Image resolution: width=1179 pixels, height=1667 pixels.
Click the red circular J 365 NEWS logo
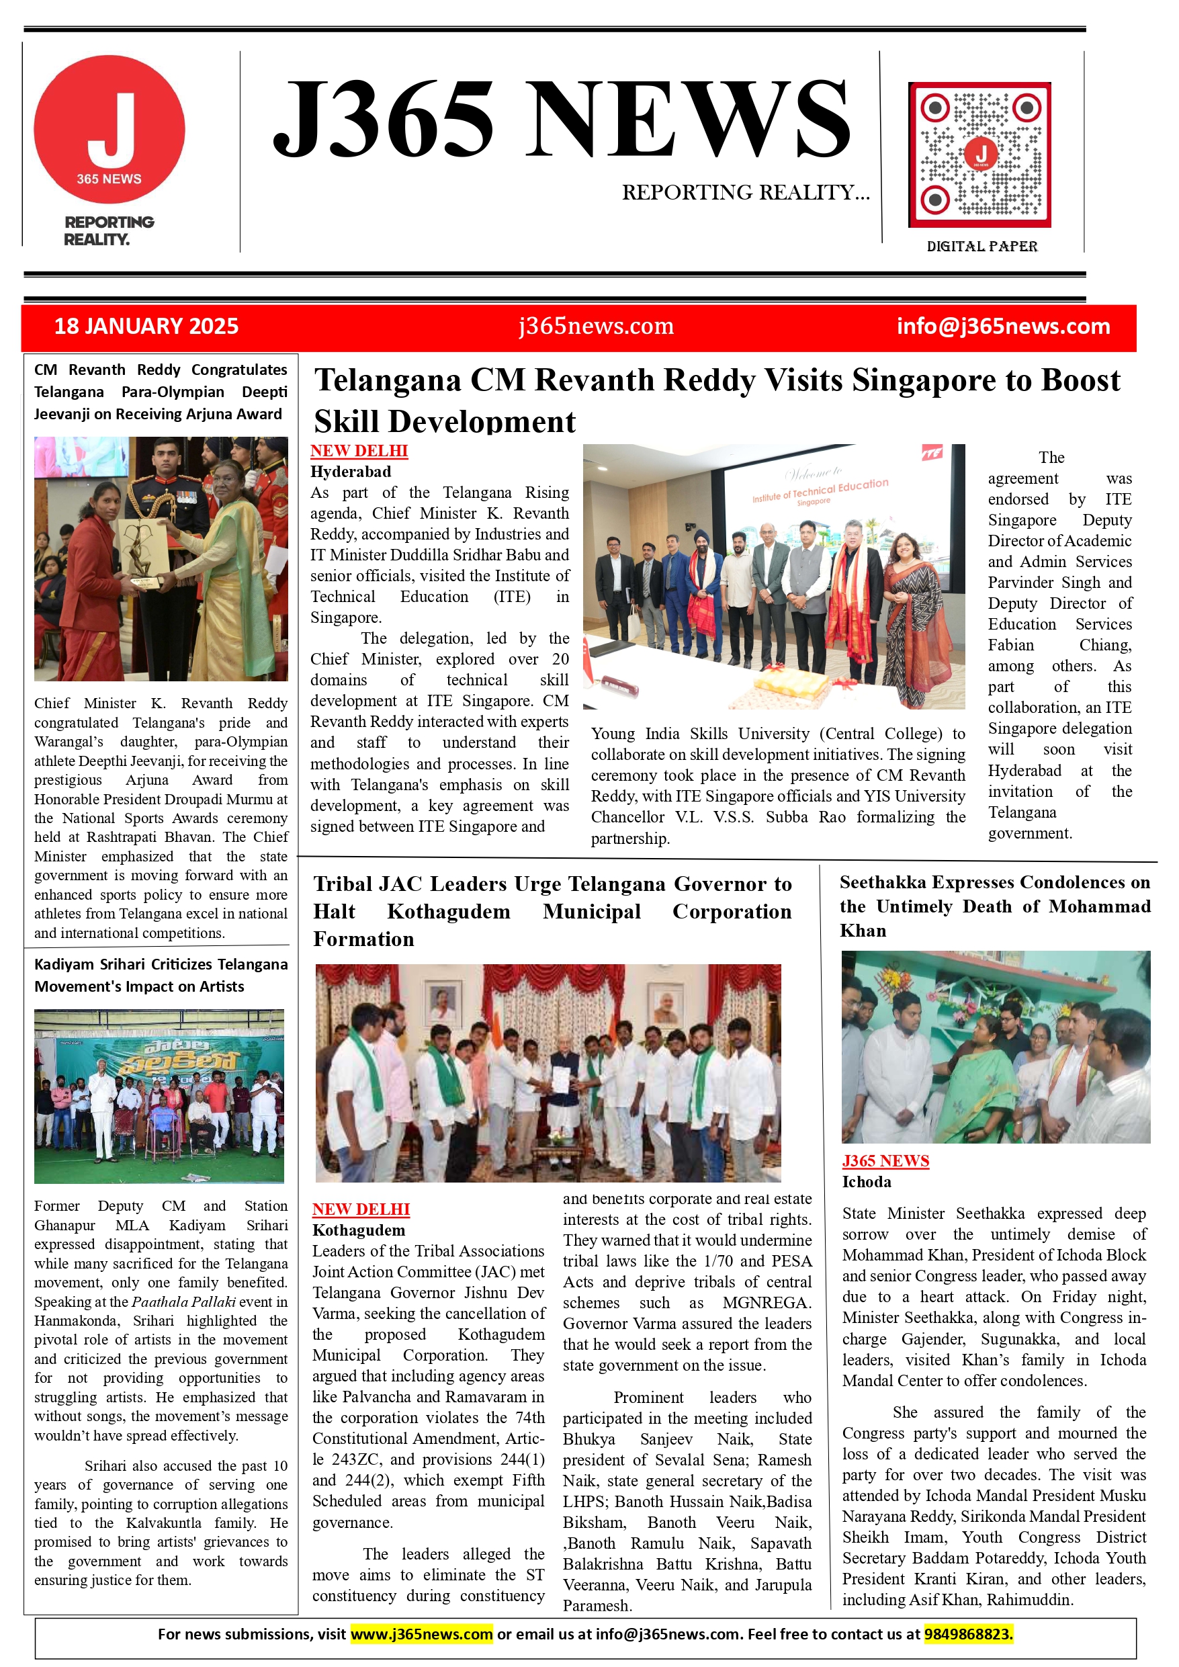coord(109,129)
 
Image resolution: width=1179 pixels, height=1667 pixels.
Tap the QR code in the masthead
coord(979,155)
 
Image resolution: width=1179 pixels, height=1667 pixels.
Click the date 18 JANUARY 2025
coord(146,326)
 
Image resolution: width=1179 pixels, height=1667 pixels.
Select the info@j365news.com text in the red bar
coord(1002,326)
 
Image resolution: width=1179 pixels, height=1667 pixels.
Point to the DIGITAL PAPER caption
coord(981,247)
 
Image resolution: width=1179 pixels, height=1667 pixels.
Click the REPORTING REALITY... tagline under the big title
coord(745,192)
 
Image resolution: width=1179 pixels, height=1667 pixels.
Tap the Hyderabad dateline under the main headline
coord(351,472)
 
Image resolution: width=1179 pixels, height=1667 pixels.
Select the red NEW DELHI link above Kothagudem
coord(361,1209)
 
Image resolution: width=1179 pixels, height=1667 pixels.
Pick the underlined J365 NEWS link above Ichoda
coord(885,1161)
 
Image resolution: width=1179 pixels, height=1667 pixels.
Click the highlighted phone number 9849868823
coord(968,1634)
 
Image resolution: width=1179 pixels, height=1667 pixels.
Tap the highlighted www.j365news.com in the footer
coord(421,1634)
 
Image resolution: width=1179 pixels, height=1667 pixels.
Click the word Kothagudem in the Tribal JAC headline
coord(448,912)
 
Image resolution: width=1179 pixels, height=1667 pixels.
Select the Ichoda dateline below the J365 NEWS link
coord(866,1182)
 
